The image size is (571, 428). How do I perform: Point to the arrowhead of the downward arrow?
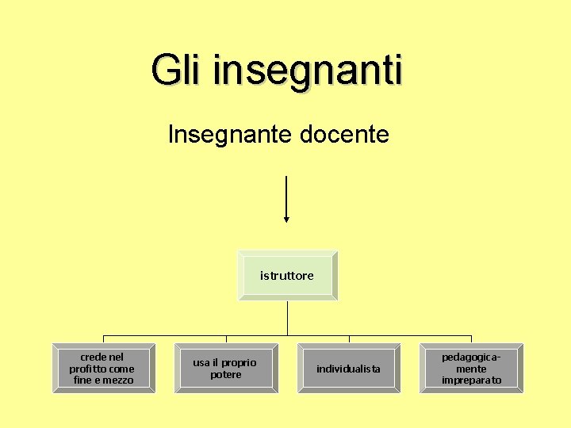coord(286,219)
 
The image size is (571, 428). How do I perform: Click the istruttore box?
coord(287,276)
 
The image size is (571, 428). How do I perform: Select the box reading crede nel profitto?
coord(103,369)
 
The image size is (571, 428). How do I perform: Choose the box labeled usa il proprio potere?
coord(226,369)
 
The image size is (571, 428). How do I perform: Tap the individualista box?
coord(349,369)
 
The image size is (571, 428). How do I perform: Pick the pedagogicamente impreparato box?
coord(472,369)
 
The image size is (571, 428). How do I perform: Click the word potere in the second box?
coord(226,375)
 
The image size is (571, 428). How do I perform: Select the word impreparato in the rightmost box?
coord(472,380)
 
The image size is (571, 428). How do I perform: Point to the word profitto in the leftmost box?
coord(86,369)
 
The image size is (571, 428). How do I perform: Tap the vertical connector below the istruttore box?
coord(287,317)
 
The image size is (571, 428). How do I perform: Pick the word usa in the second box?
coord(201,363)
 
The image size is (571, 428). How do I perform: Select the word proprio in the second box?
coord(239,363)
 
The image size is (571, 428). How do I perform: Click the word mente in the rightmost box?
coord(472,369)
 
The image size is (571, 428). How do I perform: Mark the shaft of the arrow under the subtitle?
coord(286,194)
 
